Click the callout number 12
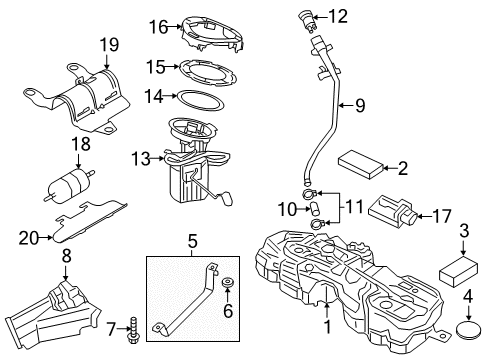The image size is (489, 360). pos(340,16)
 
